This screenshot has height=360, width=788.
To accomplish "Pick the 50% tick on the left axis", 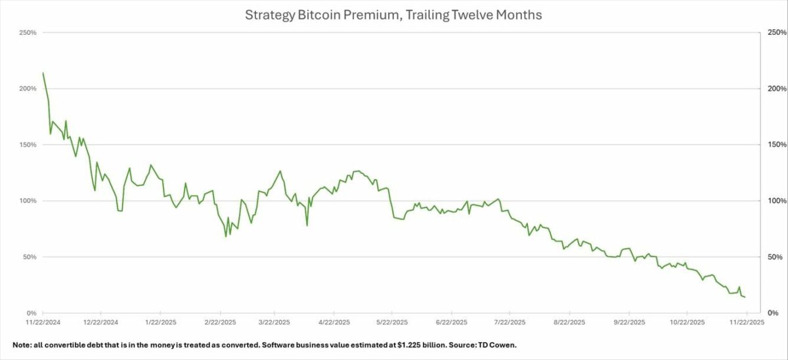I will [x=28, y=257].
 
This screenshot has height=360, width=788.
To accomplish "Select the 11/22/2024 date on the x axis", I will [x=43, y=323].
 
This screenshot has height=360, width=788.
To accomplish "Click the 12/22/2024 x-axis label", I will [x=101, y=323].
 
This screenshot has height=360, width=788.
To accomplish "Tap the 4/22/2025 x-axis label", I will [x=335, y=323].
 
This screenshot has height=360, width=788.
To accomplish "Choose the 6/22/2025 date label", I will [x=452, y=323].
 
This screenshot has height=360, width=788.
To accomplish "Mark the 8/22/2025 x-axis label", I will [x=569, y=323].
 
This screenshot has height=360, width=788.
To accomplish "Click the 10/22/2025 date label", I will [x=687, y=323].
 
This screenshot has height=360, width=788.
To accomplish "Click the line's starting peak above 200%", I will [x=43, y=73].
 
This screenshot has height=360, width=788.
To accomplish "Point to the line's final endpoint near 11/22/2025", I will [x=745, y=297].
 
